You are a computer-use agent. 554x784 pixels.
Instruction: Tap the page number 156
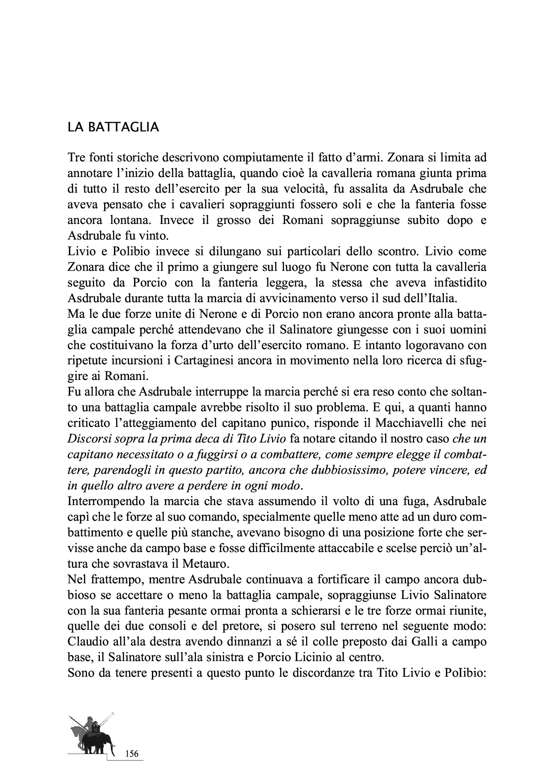(132, 754)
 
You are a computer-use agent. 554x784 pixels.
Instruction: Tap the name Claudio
(87, 642)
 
